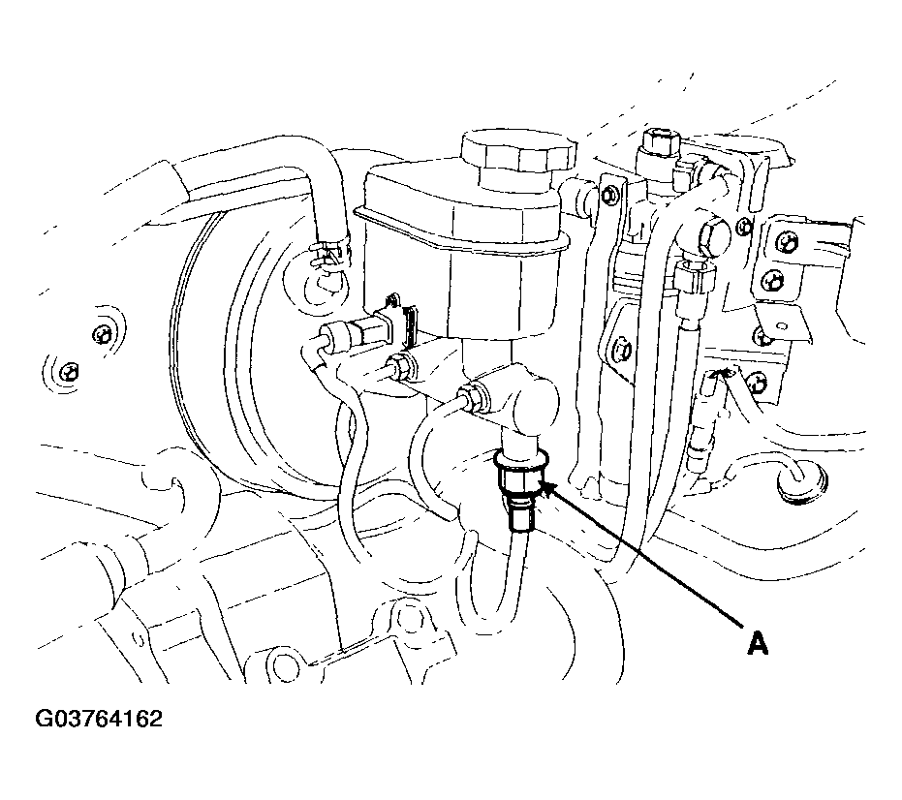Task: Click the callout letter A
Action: coord(758,643)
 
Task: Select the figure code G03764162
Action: coord(99,719)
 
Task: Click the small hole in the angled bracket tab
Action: coord(781,327)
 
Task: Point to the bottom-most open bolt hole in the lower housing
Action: coord(284,667)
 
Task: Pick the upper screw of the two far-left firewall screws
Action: coord(102,335)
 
